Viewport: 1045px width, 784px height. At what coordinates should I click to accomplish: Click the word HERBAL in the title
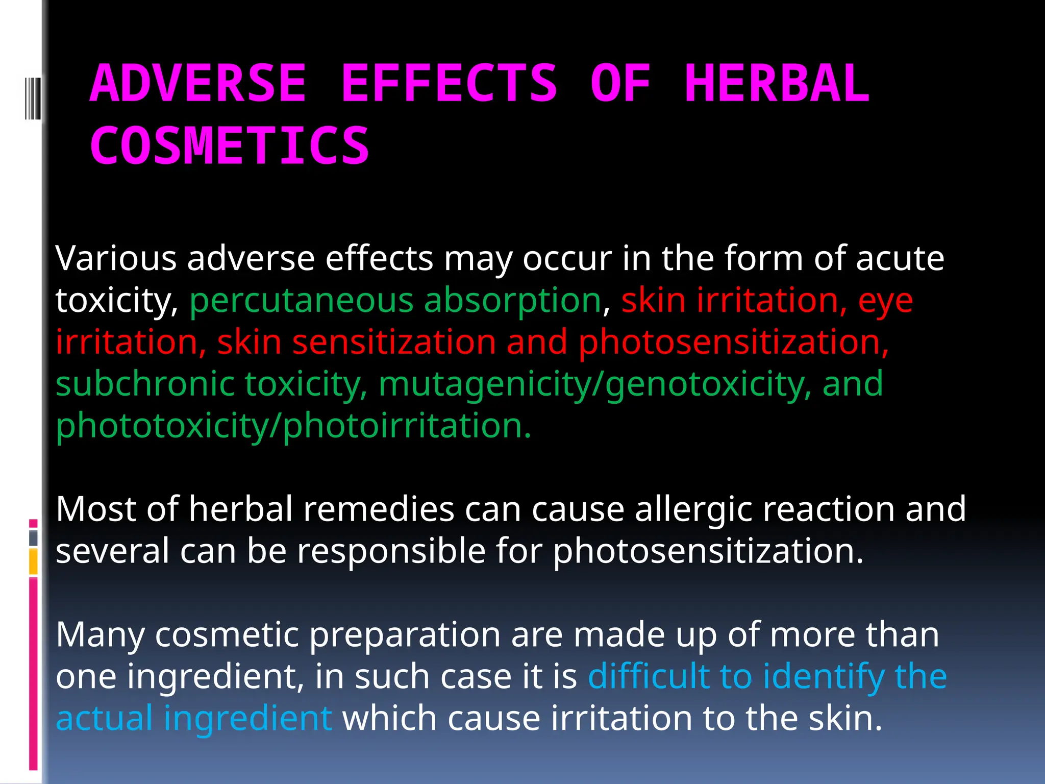pos(777,84)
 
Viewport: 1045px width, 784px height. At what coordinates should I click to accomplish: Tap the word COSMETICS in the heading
pos(230,146)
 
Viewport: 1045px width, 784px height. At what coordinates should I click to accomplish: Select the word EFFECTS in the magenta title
pos(449,84)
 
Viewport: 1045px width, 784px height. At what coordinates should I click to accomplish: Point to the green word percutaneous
pos(301,300)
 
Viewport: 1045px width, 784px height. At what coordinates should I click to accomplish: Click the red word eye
pos(885,300)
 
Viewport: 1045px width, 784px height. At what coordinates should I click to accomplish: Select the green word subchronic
pos(145,384)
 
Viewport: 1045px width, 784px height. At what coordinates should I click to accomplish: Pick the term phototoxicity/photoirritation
pos(293,426)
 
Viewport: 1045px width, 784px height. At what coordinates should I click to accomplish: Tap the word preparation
pos(405,634)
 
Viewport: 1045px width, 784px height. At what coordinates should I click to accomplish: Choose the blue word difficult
pos(649,676)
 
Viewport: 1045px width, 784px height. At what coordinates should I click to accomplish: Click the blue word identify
pos(824,676)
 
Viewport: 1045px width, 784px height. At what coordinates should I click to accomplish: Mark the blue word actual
pos(104,718)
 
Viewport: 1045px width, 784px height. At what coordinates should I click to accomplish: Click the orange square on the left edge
pos(33,561)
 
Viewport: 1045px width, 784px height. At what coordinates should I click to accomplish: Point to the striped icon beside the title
pos(32,98)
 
